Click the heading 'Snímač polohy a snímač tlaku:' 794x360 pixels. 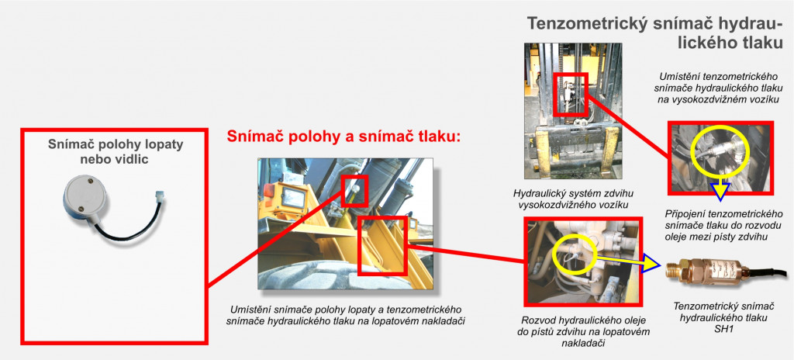click(343, 137)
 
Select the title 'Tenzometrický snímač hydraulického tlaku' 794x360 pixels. click(655, 33)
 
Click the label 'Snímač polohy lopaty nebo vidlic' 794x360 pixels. click(116, 152)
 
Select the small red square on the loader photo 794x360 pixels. click(354, 190)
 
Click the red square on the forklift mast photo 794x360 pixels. click(570, 95)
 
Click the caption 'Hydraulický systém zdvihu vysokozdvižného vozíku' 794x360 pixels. click(573, 199)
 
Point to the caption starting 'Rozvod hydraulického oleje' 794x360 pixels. click(585, 331)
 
